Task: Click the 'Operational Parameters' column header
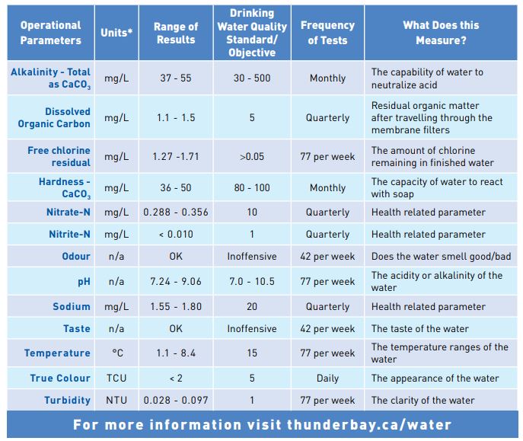[50, 33]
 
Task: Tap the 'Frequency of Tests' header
[327, 33]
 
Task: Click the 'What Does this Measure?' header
[435, 33]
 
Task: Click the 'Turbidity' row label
[67, 400]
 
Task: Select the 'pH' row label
[84, 281]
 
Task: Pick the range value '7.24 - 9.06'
[176, 281]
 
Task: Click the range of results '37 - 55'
[176, 78]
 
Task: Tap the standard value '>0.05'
[252, 157]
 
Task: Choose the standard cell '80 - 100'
[252, 187]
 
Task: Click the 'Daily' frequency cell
[327, 378]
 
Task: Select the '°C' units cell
[116, 353]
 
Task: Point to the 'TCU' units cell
[116, 378]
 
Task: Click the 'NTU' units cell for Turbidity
[116, 400]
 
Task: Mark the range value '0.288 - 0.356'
[176, 213]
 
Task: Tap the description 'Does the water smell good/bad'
[441, 257]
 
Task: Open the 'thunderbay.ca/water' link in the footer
[368, 425]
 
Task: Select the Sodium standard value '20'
[252, 307]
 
